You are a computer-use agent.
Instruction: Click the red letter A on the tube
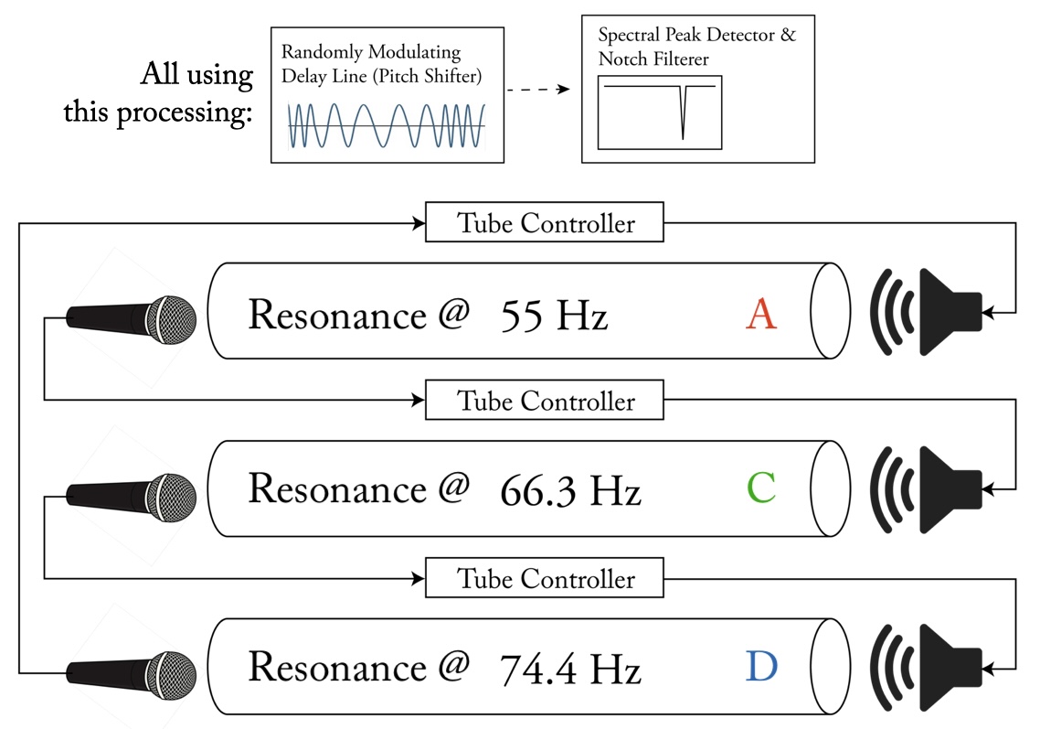[761, 315]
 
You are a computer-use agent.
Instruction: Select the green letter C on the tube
[761, 488]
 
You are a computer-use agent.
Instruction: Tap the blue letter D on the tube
[761, 667]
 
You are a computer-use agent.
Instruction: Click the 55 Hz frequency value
[554, 316]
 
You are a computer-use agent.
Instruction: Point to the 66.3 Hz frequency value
[570, 491]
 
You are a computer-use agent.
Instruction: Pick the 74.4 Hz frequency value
[570, 670]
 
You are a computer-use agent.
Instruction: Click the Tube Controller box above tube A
[545, 223]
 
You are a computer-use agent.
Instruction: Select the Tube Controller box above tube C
[545, 402]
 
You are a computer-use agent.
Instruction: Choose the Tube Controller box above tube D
[545, 579]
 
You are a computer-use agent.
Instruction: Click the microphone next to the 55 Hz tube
[133, 320]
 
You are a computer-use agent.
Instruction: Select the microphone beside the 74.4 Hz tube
[133, 675]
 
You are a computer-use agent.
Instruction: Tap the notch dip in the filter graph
[683, 119]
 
